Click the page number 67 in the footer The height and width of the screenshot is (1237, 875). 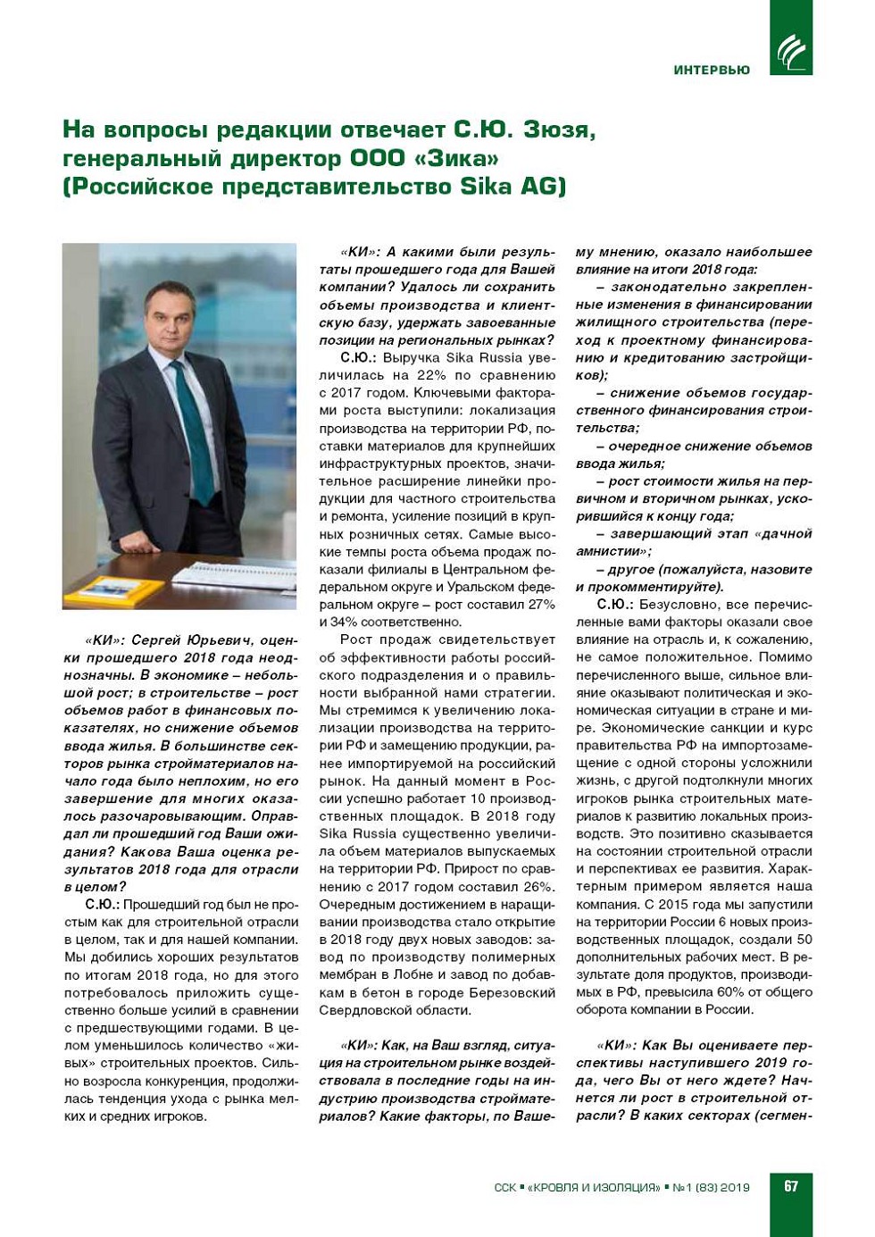pos(791,1186)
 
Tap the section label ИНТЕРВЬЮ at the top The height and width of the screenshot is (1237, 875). pos(712,70)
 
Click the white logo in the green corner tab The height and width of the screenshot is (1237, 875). pos(791,51)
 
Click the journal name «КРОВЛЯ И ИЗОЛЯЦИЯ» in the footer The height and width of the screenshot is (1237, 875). pos(594,1188)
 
